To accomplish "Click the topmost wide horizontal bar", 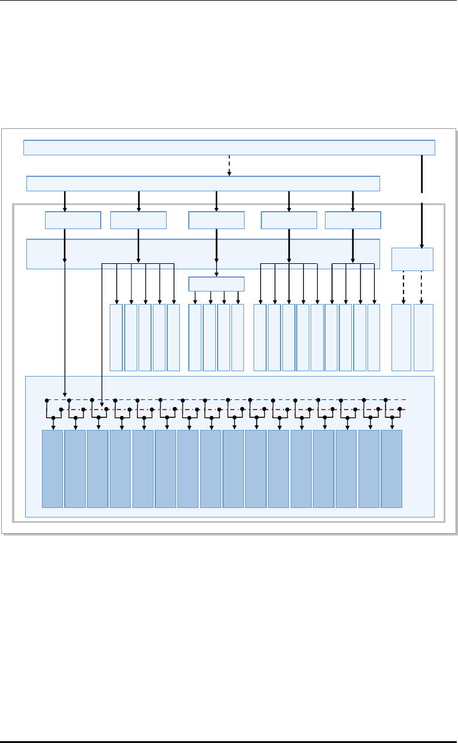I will [229, 148].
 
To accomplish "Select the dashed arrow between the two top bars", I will [229, 166].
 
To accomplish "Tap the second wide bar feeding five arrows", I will [204, 184].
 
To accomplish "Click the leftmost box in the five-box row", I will [73, 220].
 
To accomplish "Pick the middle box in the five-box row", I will [216, 220].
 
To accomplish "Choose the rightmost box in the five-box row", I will [352, 220].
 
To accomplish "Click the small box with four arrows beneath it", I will [216, 284].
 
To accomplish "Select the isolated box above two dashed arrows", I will [412, 259].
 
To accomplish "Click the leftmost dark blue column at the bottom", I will [53, 468].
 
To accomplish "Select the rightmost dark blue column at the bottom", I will [391, 468].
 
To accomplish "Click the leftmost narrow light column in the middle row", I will [116, 338].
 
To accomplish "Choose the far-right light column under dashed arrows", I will [423, 338].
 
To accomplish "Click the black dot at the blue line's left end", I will [47, 399].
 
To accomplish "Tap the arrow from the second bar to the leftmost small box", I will [65, 201].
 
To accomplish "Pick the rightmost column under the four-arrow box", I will [238, 338].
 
